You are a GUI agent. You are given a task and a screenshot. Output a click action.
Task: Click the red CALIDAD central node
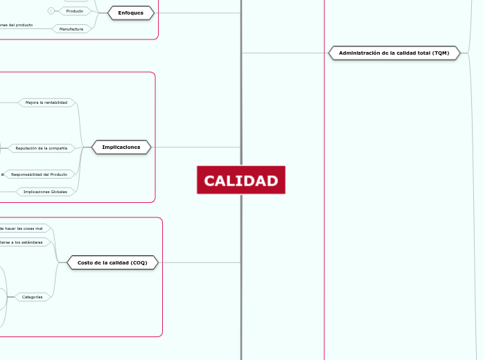coord(240,181)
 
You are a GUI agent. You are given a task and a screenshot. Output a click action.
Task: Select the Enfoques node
coord(131,12)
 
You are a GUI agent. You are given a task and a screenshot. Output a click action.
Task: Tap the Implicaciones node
coord(121,147)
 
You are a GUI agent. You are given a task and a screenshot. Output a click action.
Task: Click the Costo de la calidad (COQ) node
coord(112,262)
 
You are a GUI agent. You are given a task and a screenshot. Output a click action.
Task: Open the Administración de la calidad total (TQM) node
coord(394,53)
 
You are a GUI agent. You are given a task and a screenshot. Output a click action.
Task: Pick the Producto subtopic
coord(74,11)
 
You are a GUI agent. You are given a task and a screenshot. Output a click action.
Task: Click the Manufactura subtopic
coord(71,29)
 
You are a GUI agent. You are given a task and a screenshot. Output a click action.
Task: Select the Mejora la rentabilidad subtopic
coord(46,102)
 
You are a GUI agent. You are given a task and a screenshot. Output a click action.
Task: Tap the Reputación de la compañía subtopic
coord(41,148)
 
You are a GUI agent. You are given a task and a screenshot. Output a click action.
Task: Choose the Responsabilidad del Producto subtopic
coord(39,174)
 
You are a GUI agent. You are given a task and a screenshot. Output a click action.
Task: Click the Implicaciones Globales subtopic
coord(45,192)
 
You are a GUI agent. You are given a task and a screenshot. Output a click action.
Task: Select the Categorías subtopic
coord(33,297)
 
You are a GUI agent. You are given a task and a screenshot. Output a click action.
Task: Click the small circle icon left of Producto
coord(51,11)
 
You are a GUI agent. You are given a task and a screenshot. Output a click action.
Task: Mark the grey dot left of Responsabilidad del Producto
coord(3,174)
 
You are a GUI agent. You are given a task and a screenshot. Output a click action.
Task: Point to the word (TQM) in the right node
coord(439,53)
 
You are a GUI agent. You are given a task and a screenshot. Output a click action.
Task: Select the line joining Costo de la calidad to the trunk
coord(201,262)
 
